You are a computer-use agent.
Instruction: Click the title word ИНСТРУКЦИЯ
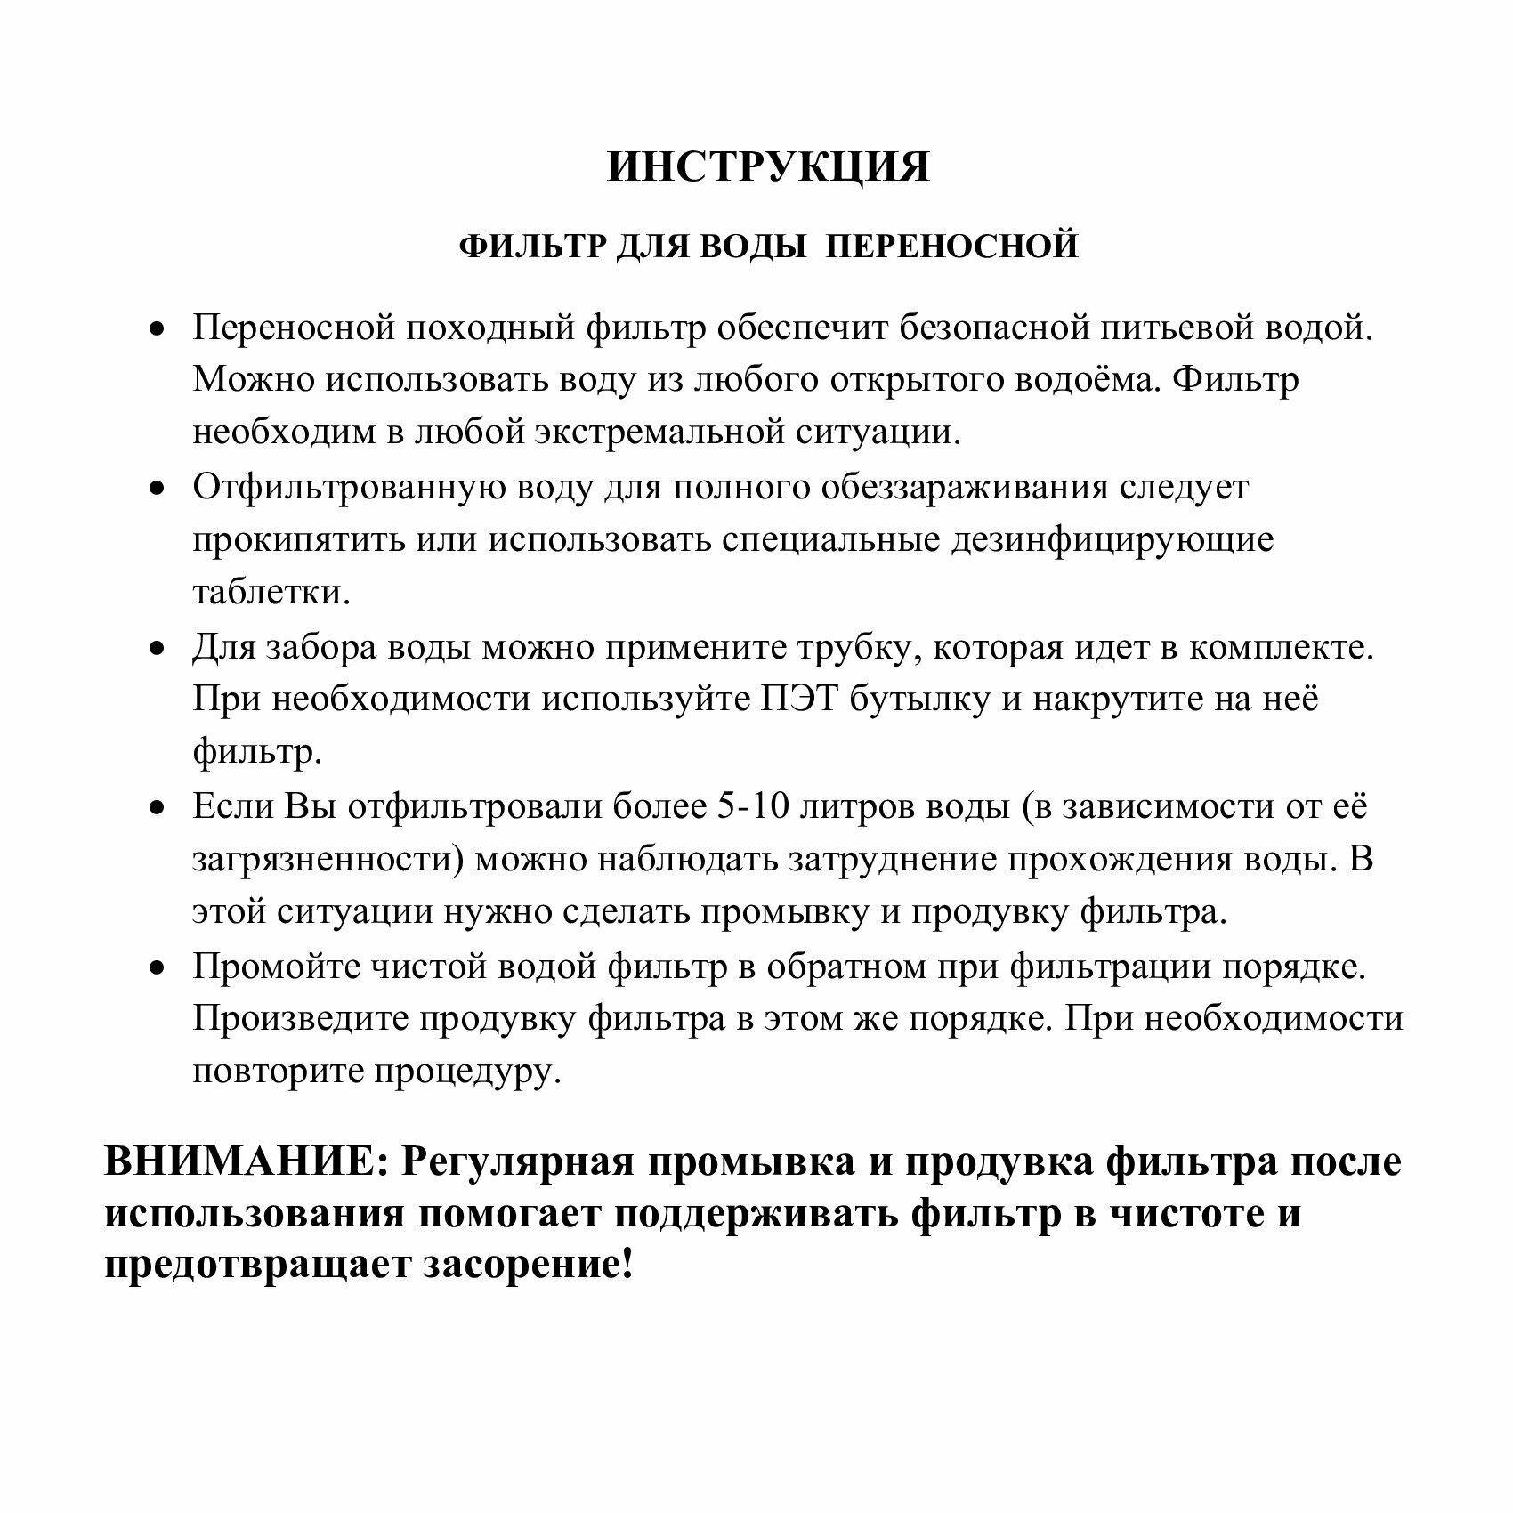(x=768, y=167)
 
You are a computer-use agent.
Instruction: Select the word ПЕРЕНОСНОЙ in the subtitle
(x=951, y=246)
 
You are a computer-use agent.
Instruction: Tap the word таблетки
(x=271, y=593)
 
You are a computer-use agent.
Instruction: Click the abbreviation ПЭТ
(x=797, y=700)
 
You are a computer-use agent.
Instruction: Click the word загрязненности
(x=328, y=861)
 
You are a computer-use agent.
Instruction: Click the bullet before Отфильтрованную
(x=158, y=489)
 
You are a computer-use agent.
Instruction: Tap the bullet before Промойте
(x=158, y=968)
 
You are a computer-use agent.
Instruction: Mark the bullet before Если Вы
(x=158, y=809)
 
